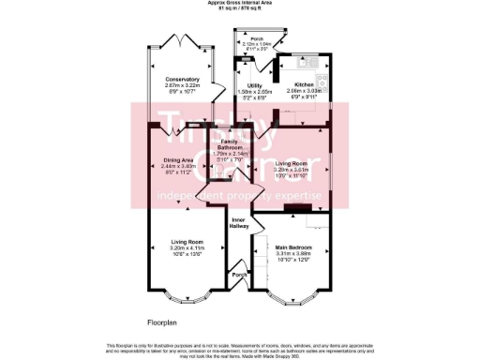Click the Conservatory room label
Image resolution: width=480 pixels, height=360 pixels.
pyautogui.click(x=184, y=79)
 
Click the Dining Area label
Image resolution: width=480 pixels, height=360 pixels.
pyautogui.click(x=178, y=160)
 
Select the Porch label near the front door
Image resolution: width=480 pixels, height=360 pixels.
pyautogui.click(x=239, y=275)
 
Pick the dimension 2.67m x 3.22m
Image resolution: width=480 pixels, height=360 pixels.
pyautogui.click(x=184, y=84)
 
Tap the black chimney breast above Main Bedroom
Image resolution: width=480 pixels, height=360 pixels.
pyautogui.click(x=313, y=223)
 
